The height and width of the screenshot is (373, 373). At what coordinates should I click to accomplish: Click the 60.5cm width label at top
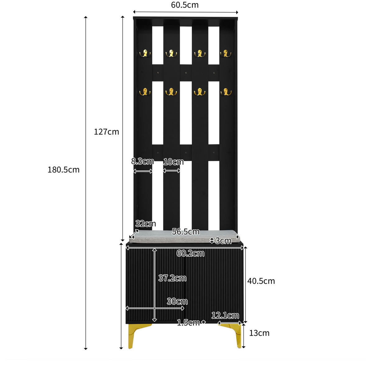[x=185, y=5]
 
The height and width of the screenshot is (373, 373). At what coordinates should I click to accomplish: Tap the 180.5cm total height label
[x=63, y=170]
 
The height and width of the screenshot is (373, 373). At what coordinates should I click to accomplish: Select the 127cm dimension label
[x=106, y=132]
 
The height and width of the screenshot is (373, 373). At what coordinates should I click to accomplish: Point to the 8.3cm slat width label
[x=142, y=161]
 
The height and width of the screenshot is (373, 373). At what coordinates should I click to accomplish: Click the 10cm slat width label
[x=173, y=162]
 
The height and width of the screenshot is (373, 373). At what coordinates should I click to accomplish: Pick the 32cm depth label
[x=145, y=224]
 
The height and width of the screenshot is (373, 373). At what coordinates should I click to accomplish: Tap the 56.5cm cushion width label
[x=186, y=231]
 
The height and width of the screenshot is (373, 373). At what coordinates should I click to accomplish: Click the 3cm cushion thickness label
[x=223, y=241]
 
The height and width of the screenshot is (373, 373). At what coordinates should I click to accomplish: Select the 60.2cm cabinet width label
[x=190, y=254]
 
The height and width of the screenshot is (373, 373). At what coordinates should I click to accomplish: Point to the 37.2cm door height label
[x=172, y=278]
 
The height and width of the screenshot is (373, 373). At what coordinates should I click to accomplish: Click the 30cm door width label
[x=177, y=301]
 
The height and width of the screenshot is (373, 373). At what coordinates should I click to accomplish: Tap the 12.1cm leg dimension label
[x=225, y=315]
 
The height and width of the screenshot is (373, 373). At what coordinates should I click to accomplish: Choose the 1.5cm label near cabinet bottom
[x=188, y=323]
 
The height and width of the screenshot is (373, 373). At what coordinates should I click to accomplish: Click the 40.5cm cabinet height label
[x=261, y=281]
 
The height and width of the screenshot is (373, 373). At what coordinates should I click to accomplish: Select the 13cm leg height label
[x=259, y=333]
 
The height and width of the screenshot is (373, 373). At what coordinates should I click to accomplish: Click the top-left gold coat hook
[x=145, y=53]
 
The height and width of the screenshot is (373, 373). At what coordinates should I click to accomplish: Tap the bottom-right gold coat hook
[x=226, y=92]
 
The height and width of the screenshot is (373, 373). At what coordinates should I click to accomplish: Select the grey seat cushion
[x=184, y=236]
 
